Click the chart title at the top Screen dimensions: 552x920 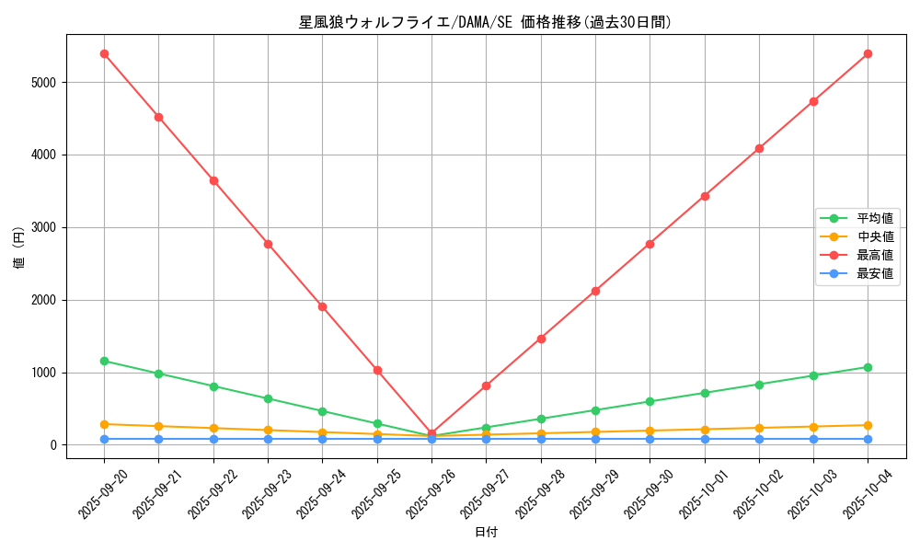click(x=485, y=22)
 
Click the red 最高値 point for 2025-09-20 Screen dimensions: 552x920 click(x=104, y=53)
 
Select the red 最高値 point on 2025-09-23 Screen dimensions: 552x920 click(x=268, y=244)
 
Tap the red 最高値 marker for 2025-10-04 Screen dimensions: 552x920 click(x=868, y=53)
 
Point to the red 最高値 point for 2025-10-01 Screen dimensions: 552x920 click(x=705, y=196)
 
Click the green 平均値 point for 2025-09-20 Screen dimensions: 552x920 click(x=104, y=361)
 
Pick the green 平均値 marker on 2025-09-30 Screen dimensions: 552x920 click(x=650, y=401)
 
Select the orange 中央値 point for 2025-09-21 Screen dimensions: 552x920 click(x=158, y=426)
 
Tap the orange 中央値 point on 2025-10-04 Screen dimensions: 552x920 click(x=868, y=425)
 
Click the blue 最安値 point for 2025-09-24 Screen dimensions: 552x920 click(x=322, y=439)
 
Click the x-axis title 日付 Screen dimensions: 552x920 click(x=486, y=533)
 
